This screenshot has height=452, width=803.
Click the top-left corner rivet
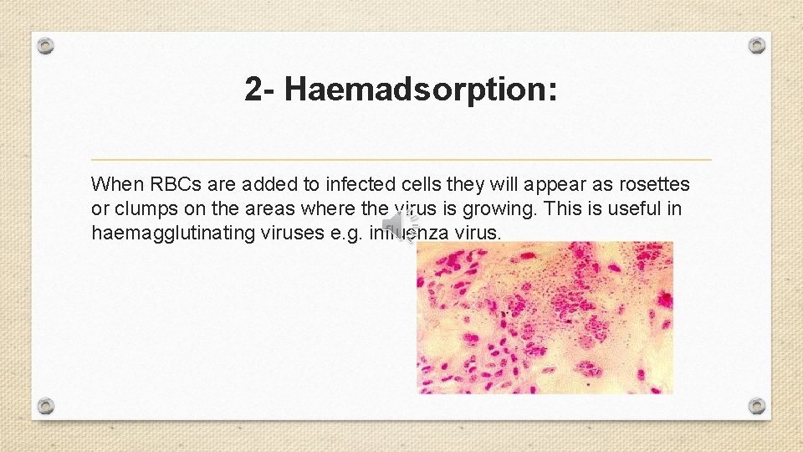46,45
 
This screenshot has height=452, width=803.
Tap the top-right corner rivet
756,45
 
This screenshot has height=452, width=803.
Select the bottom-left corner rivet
46,406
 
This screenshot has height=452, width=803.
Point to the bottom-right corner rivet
756,406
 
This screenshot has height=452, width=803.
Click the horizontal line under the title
401,159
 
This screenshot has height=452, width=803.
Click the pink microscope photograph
545,318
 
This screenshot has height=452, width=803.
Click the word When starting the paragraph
116,183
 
